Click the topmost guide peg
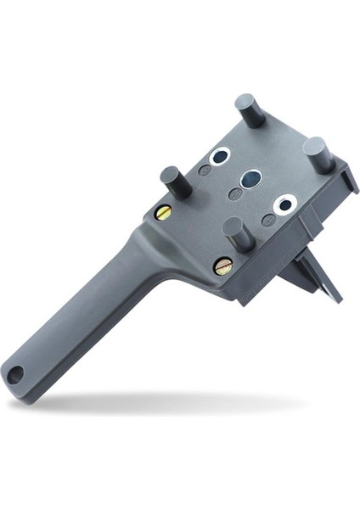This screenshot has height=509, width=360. click(x=250, y=109)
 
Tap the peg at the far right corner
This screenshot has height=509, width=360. click(x=316, y=153)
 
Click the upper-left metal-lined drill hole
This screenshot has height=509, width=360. click(x=220, y=157)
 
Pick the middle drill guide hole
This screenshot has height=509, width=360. click(x=250, y=179)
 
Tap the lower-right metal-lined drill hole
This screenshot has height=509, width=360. click(x=284, y=203)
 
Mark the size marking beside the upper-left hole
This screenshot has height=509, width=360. click(x=205, y=171)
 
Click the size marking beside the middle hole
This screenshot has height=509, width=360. click(x=235, y=194)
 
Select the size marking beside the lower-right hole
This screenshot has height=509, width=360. click(x=268, y=220)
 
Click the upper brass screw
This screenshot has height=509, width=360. click(x=164, y=212)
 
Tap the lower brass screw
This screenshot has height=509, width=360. click(x=222, y=266)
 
